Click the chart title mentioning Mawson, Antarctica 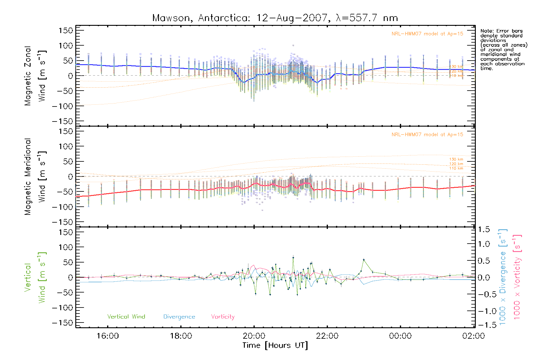tap(275, 18)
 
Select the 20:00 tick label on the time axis tap(254, 336)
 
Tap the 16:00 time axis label tap(107, 336)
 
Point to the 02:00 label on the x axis tap(473, 336)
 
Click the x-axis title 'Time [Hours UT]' tap(275, 346)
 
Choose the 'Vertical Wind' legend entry tap(126, 317)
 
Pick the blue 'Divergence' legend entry tap(179, 317)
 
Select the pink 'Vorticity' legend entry tap(223, 317)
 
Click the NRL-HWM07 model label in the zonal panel tap(427, 34)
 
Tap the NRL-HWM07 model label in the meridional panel tap(427, 135)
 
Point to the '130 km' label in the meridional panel tap(456, 159)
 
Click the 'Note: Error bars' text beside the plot tap(502, 31)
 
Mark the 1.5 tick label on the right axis tap(484, 229)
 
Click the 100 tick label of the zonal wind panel tap(66, 46)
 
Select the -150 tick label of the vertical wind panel tap(62, 323)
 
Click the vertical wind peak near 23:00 tap(364, 260)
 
